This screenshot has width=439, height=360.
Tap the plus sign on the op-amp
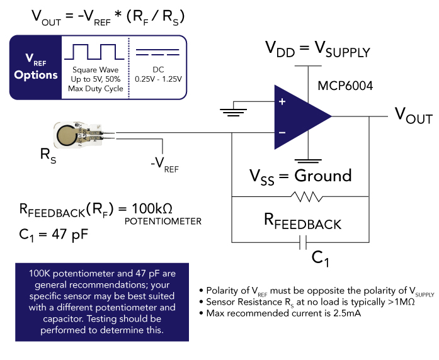(282, 102)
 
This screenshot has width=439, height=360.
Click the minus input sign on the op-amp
(282, 133)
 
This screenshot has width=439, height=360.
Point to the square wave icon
(94, 52)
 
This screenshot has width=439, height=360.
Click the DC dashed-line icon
(157, 52)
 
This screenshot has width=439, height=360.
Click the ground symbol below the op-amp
(309, 160)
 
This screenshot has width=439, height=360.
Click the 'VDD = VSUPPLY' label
(317, 48)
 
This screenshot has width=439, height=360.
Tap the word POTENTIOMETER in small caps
(163, 222)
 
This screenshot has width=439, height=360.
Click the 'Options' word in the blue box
(36, 75)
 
